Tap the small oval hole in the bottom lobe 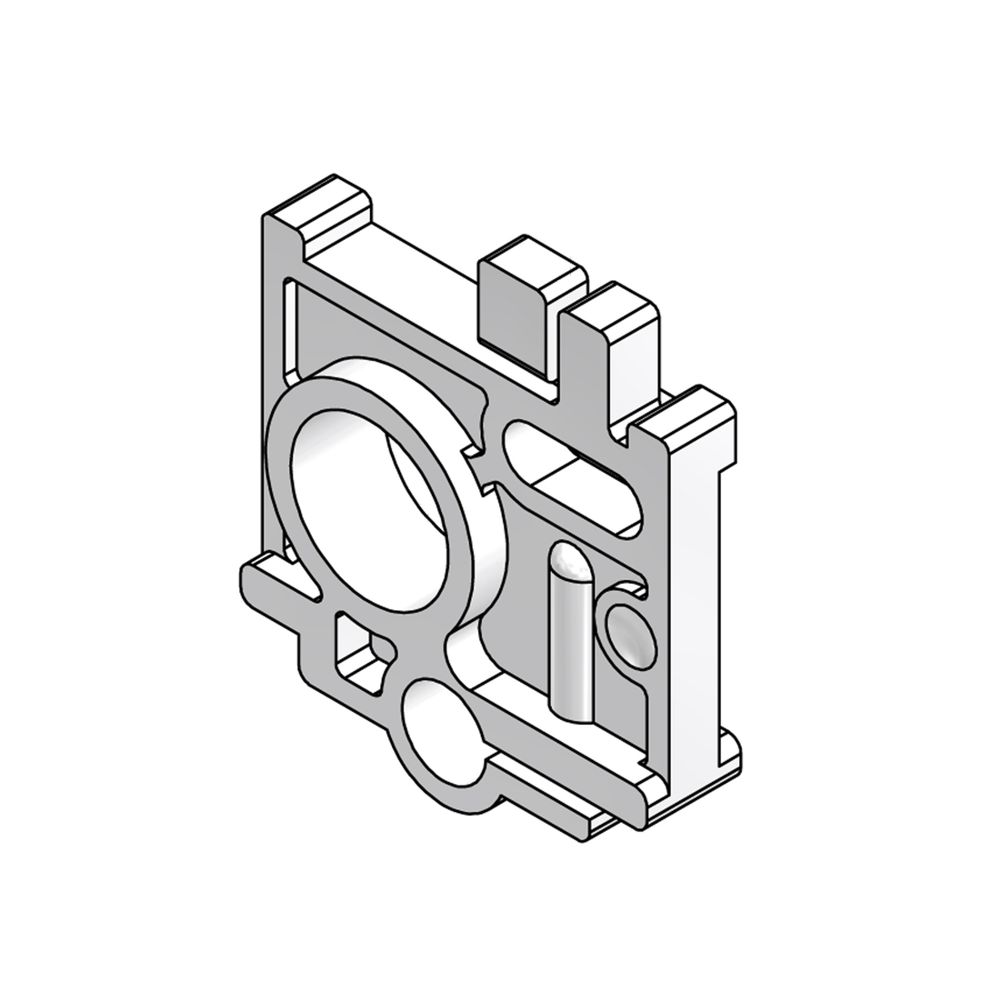pyautogui.click(x=444, y=731)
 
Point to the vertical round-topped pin pyautogui.click(x=571, y=646)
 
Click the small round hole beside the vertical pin pyautogui.click(x=630, y=634)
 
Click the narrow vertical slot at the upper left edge pyautogui.click(x=289, y=332)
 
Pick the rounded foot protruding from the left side pyautogui.click(x=264, y=582)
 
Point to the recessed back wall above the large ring pyautogui.click(x=382, y=336)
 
